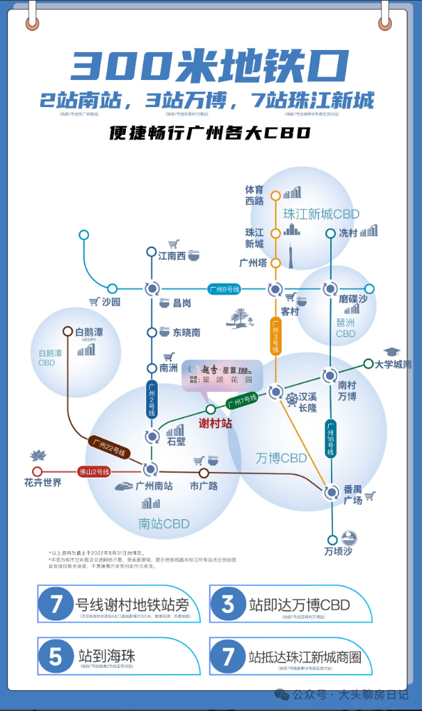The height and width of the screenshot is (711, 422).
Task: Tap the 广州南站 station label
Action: click(x=154, y=486)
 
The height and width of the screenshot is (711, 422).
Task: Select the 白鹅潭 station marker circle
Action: click(x=68, y=332)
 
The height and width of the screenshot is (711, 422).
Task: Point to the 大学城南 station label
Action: click(x=393, y=364)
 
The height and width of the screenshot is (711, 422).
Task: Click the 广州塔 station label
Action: click(x=253, y=263)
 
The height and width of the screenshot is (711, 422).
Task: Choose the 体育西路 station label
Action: click(x=254, y=195)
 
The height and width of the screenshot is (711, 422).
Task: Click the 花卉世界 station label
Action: click(x=43, y=482)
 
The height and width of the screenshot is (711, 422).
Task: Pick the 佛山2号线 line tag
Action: click(x=95, y=471)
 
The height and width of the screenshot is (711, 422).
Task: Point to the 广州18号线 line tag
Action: click(x=330, y=438)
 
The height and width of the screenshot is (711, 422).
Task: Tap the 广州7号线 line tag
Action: click(x=242, y=400)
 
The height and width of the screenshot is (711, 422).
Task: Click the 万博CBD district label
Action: click(x=281, y=458)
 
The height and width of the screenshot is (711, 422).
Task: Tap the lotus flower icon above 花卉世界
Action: click(x=37, y=456)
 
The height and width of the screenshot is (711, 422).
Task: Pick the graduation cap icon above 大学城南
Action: click(x=393, y=352)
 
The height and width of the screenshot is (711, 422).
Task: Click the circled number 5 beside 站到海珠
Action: click(x=56, y=656)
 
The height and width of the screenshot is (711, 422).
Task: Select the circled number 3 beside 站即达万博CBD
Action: click(x=227, y=603)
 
